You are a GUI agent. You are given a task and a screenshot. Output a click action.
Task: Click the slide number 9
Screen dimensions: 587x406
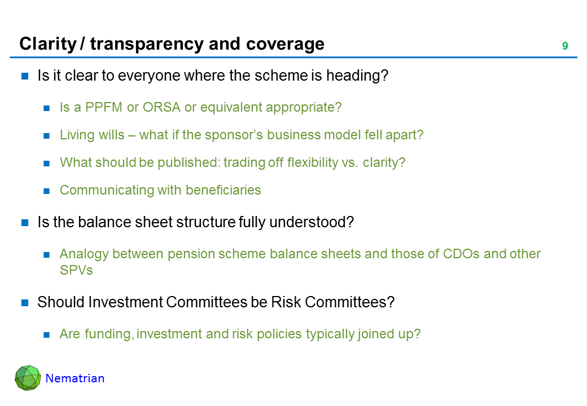click(565, 46)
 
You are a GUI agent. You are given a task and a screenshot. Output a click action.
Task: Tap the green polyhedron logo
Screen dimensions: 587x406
click(28, 378)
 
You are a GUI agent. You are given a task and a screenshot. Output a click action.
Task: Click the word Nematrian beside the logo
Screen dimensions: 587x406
click(75, 378)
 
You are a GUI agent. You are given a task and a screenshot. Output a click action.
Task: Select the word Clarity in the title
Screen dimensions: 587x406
click(48, 44)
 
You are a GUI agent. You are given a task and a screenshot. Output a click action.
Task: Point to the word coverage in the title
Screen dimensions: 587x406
click(285, 44)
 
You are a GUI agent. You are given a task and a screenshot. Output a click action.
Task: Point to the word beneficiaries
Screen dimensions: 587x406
click(223, 190)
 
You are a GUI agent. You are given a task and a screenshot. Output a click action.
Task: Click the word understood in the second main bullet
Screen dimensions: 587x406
click(312, 222)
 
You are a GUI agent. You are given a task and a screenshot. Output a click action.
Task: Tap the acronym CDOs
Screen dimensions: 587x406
click(461, 254)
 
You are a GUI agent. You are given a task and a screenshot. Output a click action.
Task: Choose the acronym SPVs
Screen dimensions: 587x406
click(76, 270)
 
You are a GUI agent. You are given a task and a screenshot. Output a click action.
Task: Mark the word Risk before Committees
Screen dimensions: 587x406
click(286, 302)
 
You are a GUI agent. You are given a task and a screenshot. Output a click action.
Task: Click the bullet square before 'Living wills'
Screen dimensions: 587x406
click(46, 136)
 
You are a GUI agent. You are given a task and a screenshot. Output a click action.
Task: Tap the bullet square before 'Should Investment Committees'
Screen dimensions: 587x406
click(25, 302)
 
